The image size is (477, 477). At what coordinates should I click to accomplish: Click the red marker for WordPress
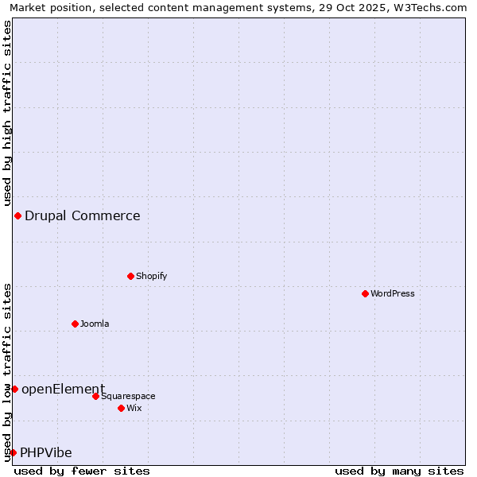click(365, 293)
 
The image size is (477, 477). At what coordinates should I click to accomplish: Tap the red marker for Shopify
click(130, 276)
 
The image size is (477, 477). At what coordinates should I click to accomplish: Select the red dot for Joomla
click(75, 324)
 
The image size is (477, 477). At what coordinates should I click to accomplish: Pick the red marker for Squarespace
click(95, 396)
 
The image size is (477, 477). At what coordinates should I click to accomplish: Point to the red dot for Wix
click(121, 408)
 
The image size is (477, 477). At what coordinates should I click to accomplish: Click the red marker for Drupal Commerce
click(17, 215)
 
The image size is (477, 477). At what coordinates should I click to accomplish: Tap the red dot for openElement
click(14, 389)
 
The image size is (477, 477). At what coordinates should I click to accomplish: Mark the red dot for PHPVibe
click(13, 452)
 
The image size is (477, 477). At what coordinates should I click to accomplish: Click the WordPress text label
click(393, 293)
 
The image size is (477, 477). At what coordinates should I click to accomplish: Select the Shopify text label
click(151, 276)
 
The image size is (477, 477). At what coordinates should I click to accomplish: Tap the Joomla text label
click(95, 324)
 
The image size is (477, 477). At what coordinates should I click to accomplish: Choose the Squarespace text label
click(128, 396)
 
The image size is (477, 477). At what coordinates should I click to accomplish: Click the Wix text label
click(134, 408)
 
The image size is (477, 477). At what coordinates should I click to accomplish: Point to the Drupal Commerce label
click(83, 215)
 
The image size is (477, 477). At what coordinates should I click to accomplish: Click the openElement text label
click(63, 389)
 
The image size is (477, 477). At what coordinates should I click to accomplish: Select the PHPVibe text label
click(46, 452)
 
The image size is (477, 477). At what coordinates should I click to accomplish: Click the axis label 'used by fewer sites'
click(82, 471)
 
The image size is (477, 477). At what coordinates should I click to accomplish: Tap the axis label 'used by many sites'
click(399, 471)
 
